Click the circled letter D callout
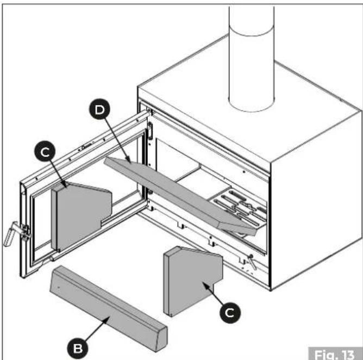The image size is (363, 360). (100, 109)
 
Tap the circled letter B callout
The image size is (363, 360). (78, 348)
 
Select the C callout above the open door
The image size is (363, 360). (45, 151)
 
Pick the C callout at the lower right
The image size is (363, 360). (230, 312)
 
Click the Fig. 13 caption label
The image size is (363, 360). (335, 353)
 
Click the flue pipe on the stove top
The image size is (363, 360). (252, 58)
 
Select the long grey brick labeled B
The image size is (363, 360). (108, 308)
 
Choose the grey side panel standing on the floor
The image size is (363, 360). (192, 281)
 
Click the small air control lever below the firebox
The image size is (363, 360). (252, 262)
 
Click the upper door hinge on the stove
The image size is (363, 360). (150, 131)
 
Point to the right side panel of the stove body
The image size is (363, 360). (316, 199)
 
